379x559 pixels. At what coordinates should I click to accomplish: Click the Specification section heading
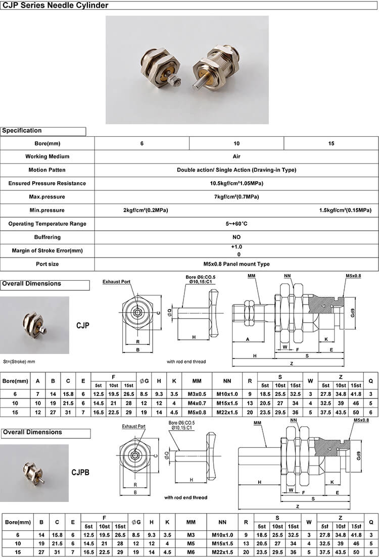22,131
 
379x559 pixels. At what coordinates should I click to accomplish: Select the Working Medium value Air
236,157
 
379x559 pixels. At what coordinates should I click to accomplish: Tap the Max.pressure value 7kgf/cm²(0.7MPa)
236,197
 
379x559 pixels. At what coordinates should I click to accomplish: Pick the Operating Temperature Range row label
47,224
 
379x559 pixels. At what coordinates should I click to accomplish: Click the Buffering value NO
236,237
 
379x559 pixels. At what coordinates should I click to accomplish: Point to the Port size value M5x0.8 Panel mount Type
236,264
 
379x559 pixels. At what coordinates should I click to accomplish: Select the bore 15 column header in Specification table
331,143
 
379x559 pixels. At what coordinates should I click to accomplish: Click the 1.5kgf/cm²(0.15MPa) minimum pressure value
345,210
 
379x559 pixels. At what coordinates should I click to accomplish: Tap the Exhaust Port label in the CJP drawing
116,281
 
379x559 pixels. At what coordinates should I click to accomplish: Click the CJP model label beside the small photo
82,326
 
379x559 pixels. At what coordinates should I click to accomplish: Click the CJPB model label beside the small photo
80,473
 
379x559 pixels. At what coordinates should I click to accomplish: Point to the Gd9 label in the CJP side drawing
352,312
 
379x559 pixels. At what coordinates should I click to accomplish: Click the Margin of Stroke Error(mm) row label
47,250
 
